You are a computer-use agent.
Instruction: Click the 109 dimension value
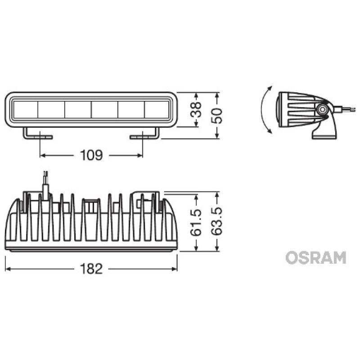click(x=91, y=156)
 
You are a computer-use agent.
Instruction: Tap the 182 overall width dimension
click(x=91, y=269)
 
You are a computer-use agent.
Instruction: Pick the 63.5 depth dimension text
click(x=217, y=222)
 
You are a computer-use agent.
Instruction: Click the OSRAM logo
click(x=316, y=257)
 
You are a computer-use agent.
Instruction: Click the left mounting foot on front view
click(x=38, y=135)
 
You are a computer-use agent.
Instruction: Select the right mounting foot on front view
click(x=145, y=135)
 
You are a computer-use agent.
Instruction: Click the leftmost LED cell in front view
click(x=25, y=110)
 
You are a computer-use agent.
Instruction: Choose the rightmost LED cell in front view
click(x=157, y=110)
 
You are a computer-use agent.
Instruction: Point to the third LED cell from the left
click(x=78, y=110)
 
